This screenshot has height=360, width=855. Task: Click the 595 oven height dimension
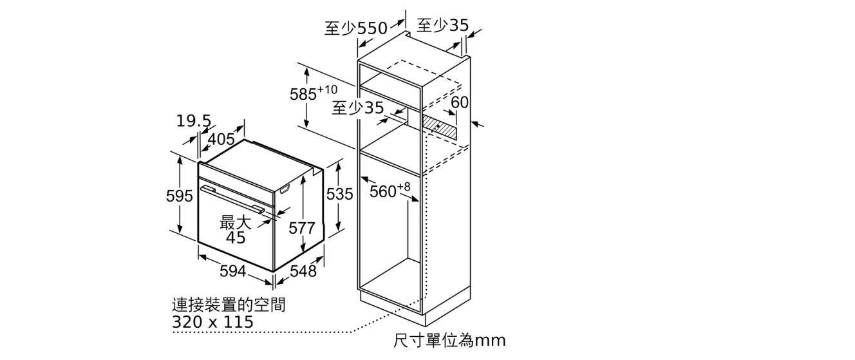pyautogui.click(x=180, y=196)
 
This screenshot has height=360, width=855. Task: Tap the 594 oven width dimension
pyautogui.click(x=233, y=271)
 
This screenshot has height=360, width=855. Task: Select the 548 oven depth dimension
pyautogui.click(x=303, y=271)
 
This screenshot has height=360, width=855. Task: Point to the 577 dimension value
pyautogui.click(x=301, y=228)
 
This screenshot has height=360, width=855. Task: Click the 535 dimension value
pyautogui.click(x=339, y=194)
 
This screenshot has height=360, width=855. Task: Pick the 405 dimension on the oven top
pyautogui.click(x=221, y=139)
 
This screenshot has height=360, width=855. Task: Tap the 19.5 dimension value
pyautogui.click(x=194, y=121)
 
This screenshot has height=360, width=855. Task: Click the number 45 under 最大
pyautogui.click(x=236, y=238)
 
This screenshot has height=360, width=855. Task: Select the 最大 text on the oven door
pyautogui.click(x=236, y=222)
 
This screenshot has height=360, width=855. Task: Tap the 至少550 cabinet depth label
pyautogui.click(x=356, y=28)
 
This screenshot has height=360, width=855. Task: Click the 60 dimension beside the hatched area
pyautogui.click(x=460, y=102)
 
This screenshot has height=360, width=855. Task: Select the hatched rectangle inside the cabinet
pyautogui.click(x=439, y=128)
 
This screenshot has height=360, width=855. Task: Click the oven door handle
pyautogui.click(x=233, y=198)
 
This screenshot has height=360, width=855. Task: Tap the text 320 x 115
pyautogui.click(x=212, y=322)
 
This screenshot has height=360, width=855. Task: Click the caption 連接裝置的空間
pyautogui.click(x=229, y=305)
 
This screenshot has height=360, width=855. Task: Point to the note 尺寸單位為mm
pyautogui.click(x=449, y=341)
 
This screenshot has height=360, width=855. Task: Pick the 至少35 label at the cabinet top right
pyautogui.click(x=442, y=25)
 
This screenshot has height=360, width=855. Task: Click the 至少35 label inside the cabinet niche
pyautogui.click(x=358, y=108)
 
